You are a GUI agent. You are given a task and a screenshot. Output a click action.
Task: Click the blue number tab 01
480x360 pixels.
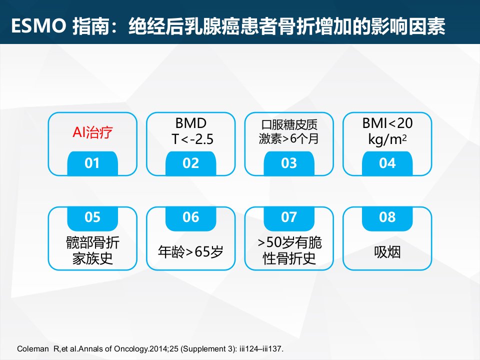(x=92, y=163)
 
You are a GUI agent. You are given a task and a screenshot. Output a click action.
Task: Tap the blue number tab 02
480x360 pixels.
(x=190, y=163)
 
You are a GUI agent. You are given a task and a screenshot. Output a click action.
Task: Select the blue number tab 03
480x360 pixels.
(x=289, y=163)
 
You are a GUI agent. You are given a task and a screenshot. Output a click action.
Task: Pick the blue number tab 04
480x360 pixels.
(x=387, y=163)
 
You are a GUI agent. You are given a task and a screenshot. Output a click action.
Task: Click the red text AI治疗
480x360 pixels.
(x=92, y=132)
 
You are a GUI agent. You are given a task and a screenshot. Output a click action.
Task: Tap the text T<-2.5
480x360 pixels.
(x=192, y=139)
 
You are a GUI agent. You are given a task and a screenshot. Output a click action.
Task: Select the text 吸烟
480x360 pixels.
(x=387, y=252)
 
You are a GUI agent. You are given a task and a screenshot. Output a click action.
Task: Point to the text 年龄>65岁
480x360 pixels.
(x=190, y=252)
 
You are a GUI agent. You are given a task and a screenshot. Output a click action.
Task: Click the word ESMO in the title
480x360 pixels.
(x=38, y=25)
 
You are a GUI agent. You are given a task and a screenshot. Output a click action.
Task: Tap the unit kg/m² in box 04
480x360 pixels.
(x=387, y=139)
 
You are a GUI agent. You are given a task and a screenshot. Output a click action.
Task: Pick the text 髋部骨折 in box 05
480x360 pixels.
(x=92, y=243)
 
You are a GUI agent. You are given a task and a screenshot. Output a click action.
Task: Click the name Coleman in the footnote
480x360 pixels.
(x=33, y=349)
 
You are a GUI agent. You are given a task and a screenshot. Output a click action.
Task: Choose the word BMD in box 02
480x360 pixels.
(x=191, y=123)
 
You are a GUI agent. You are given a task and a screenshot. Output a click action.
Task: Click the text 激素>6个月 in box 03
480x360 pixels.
(x=288, y=139)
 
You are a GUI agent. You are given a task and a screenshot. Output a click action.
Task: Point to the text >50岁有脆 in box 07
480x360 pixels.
(x=289, y=243)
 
